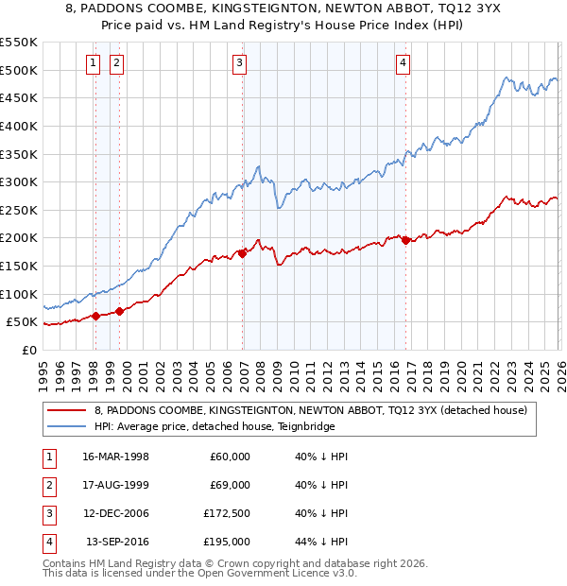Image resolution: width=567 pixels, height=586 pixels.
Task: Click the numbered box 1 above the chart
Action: point(94,63)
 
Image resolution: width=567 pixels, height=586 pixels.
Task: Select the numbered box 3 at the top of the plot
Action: point(240,63)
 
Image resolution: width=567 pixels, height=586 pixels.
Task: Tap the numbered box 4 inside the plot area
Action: point(403,63)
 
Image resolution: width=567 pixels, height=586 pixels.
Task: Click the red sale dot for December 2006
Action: point(243,252)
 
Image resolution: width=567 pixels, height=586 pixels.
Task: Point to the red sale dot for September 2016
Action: point(406,240)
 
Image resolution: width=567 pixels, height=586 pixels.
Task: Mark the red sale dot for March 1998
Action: point(95,316)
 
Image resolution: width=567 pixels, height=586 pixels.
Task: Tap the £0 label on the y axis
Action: point(28,351)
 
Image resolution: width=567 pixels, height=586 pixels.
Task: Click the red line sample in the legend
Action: point(66,411)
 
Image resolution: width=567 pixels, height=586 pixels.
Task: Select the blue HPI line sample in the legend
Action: point(66,426)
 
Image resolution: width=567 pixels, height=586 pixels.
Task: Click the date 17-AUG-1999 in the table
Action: point(115,485)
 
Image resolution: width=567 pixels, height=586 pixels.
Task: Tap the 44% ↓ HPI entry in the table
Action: point(321,542)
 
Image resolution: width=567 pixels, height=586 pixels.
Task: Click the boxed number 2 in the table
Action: point(47,485)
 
